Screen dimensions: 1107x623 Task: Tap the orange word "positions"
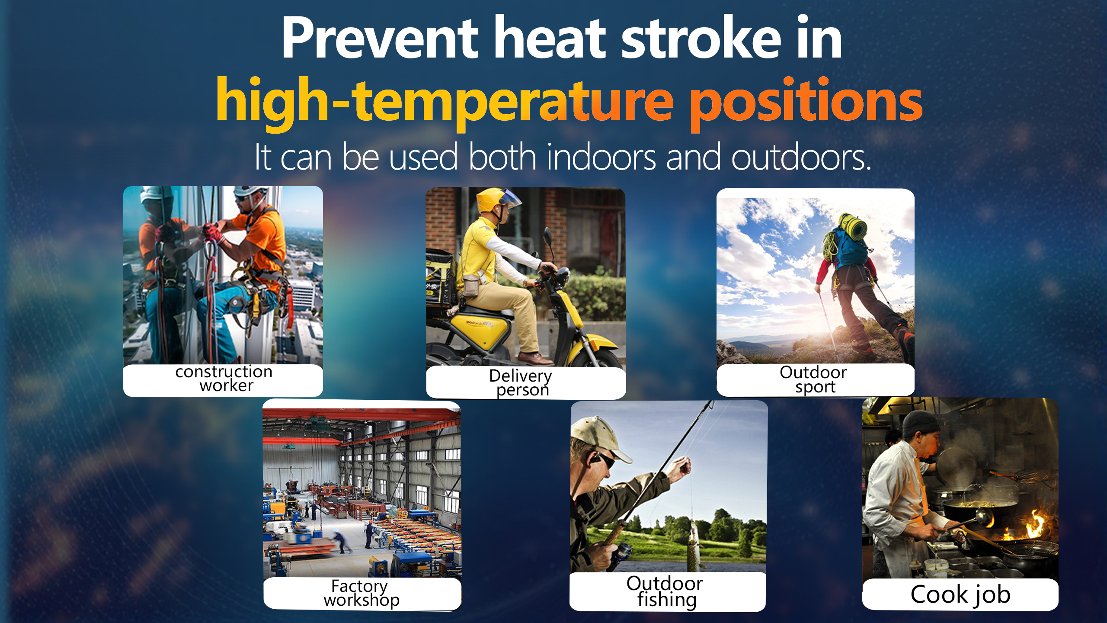[x=806, y=103]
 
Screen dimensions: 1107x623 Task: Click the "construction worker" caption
[x=224, y=379]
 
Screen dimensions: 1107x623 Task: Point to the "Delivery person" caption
[x=521, y=382]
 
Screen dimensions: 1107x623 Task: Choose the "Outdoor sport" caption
[x=813, y=379]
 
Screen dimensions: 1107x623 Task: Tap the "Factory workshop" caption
[x=361, y=593]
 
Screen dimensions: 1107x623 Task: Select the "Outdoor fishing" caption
[x=665, y=591]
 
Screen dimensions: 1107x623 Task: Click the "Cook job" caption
[x=960, y=594]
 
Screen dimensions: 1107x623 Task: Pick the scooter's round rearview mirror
[x=547, y=236]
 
